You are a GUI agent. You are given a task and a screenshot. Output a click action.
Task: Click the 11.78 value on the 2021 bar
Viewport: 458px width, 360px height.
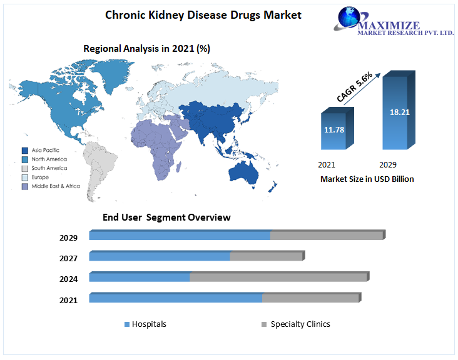coord(334,130)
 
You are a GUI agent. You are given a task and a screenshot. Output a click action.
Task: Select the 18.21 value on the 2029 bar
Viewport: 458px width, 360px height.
coord(400,112)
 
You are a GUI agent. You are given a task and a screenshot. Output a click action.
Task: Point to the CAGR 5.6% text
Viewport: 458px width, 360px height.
coord(355,87)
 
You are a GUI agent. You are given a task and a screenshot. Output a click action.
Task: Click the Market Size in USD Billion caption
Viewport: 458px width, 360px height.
coord(367,179)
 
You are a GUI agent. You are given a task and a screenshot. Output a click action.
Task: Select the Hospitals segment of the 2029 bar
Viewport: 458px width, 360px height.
coord(180,236)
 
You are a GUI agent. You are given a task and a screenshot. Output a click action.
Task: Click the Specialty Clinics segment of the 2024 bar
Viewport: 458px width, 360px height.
coord(278,277)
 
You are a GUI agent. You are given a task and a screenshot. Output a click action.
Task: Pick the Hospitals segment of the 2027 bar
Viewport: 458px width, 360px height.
coord(160,256)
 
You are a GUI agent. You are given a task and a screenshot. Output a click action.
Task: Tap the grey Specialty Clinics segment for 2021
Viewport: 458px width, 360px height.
coord(310,298)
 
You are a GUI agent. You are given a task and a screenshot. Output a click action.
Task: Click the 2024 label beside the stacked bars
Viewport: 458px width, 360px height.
coord(68,279)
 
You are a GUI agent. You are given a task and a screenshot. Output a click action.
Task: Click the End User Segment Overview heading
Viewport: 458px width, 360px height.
coord(166,217)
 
